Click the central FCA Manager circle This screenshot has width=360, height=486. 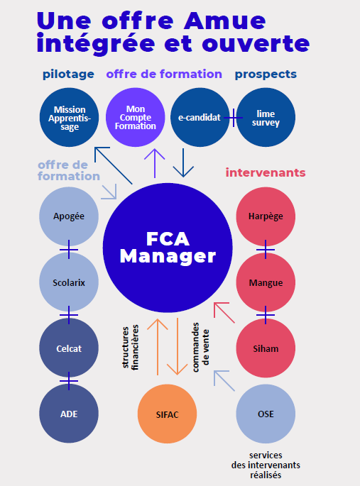pyautogui.click(x=168, y=248)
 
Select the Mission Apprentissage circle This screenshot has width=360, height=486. pyautogui.click(x=69, y=117)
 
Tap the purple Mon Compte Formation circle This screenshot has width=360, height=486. pyautogui.click(x=135, y=117)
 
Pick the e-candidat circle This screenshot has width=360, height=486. pyautogui.click(x=200, y=117)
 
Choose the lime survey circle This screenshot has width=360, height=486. pyautogui.click(x=266, y=117)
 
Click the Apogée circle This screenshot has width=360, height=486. pyautogui.click(x=69, y=216)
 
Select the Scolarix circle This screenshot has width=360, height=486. pyautogui.click(x=69, y=282)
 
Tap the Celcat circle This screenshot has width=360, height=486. pyautogui.click(x=69, y=348)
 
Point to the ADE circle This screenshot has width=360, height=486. pyautogui.click(x=69, y=414)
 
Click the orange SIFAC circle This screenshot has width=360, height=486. pyautogui.click(x=167, y=414)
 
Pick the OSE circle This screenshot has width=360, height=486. pyautogui.click(x=266, y=414)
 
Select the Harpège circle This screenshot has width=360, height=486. pyautogui.click(x=266, y=216)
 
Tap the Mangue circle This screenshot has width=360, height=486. pyautogui.click(x=266, y=282)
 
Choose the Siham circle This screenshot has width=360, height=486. pyautogui.click(x=266, y=348)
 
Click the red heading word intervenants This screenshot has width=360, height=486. pyautogui.click(x=266, y=172)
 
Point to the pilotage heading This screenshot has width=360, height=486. pyautogui.click(x=68, y=74)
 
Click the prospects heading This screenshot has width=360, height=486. pyautogui.click(x=266, y=74)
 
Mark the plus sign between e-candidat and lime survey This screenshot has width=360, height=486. pyautogui.click(x=233, y=118)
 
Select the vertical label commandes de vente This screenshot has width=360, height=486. pyautogui.click(x=201, y=347)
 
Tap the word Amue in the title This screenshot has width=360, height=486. pyautogui.click(x=225, y=21)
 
